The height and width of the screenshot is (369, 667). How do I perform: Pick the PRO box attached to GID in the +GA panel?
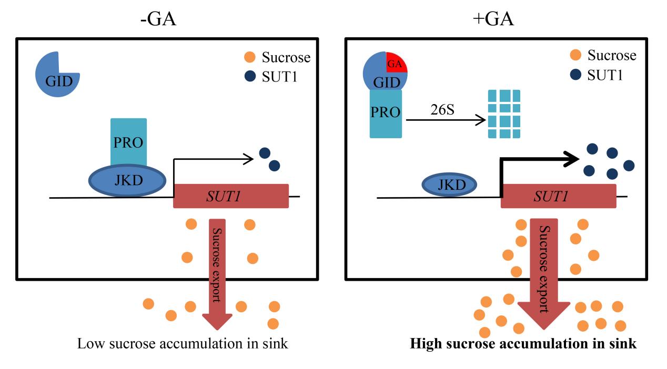tap(386, 114)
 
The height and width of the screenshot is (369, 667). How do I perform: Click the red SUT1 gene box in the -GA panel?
tap(230, 196)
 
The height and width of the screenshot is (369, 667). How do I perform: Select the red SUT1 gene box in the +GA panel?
tap(558, 196)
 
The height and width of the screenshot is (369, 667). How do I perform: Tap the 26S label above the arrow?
tap(444, 111)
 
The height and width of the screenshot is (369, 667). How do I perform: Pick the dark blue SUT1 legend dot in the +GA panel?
tap(576, 74)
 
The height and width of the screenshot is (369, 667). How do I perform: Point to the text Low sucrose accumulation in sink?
tap(183, 344)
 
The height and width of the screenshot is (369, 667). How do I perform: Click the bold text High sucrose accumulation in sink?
tap(523, 344)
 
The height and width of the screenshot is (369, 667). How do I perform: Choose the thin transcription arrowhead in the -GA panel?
tap(248, 157)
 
